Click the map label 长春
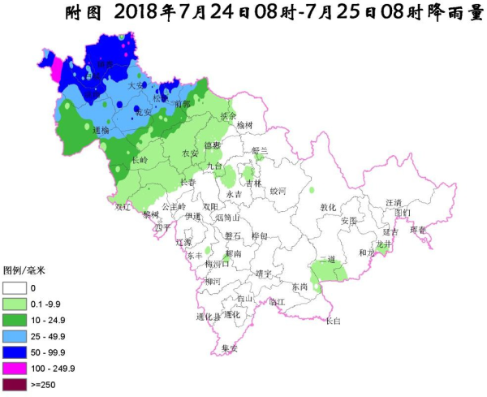tap(187, 182)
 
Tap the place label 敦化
tap(327, 207)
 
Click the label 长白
tap(333, 321)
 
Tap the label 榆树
tap(245, 124)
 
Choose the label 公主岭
tap(175, 206)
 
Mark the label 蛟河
tap(278, 191)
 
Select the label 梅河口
tap(218, 265)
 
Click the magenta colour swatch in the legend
tap(14, 368)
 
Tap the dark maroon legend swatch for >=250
tap(14, 383)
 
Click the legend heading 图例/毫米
tap(24, 270)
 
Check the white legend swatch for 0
tap(14, 287)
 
